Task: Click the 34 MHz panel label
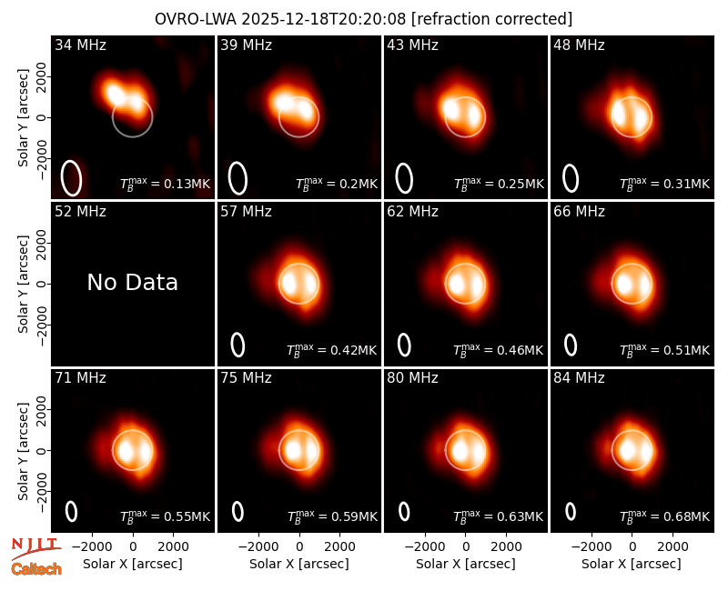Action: (80, 45)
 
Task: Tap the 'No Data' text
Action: (132, 282)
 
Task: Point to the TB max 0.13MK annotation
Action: (166, 184)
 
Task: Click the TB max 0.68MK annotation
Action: (665, 516)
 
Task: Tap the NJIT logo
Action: (36, 547)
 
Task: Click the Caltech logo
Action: (36, 569)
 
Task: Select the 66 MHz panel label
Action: (579, 212)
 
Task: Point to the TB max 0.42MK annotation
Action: (331, 350)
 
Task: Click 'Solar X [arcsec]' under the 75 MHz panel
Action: (299, 564)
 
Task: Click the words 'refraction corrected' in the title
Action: (491, 19)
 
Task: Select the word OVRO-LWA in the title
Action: (196, 19)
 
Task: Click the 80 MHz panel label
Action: (412, 378)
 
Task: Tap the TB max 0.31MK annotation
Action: (665, 184)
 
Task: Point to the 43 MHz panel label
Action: (412, 45)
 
